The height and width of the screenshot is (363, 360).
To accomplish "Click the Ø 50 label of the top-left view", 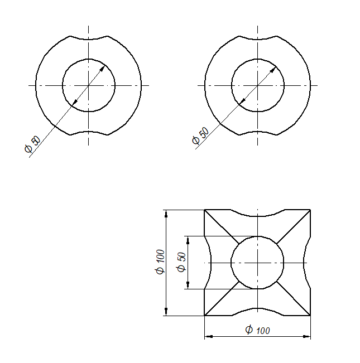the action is (32, 144).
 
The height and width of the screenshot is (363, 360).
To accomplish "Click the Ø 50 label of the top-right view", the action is (200, 135).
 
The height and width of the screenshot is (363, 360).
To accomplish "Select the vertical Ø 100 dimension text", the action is (160, 262).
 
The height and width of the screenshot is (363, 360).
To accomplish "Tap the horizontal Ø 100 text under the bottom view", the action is (258, 330).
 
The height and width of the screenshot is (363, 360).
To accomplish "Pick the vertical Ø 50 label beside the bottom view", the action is (181, 262).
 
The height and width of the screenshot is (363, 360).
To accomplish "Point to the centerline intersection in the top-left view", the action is (89, 85).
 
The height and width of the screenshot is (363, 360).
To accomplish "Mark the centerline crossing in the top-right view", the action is (258, 85).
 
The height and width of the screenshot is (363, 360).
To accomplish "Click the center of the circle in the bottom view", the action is (258, 263).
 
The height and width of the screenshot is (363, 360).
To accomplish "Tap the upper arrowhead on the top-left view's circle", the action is (103, 69).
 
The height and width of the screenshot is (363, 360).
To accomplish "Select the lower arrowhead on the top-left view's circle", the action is (75, 102).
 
